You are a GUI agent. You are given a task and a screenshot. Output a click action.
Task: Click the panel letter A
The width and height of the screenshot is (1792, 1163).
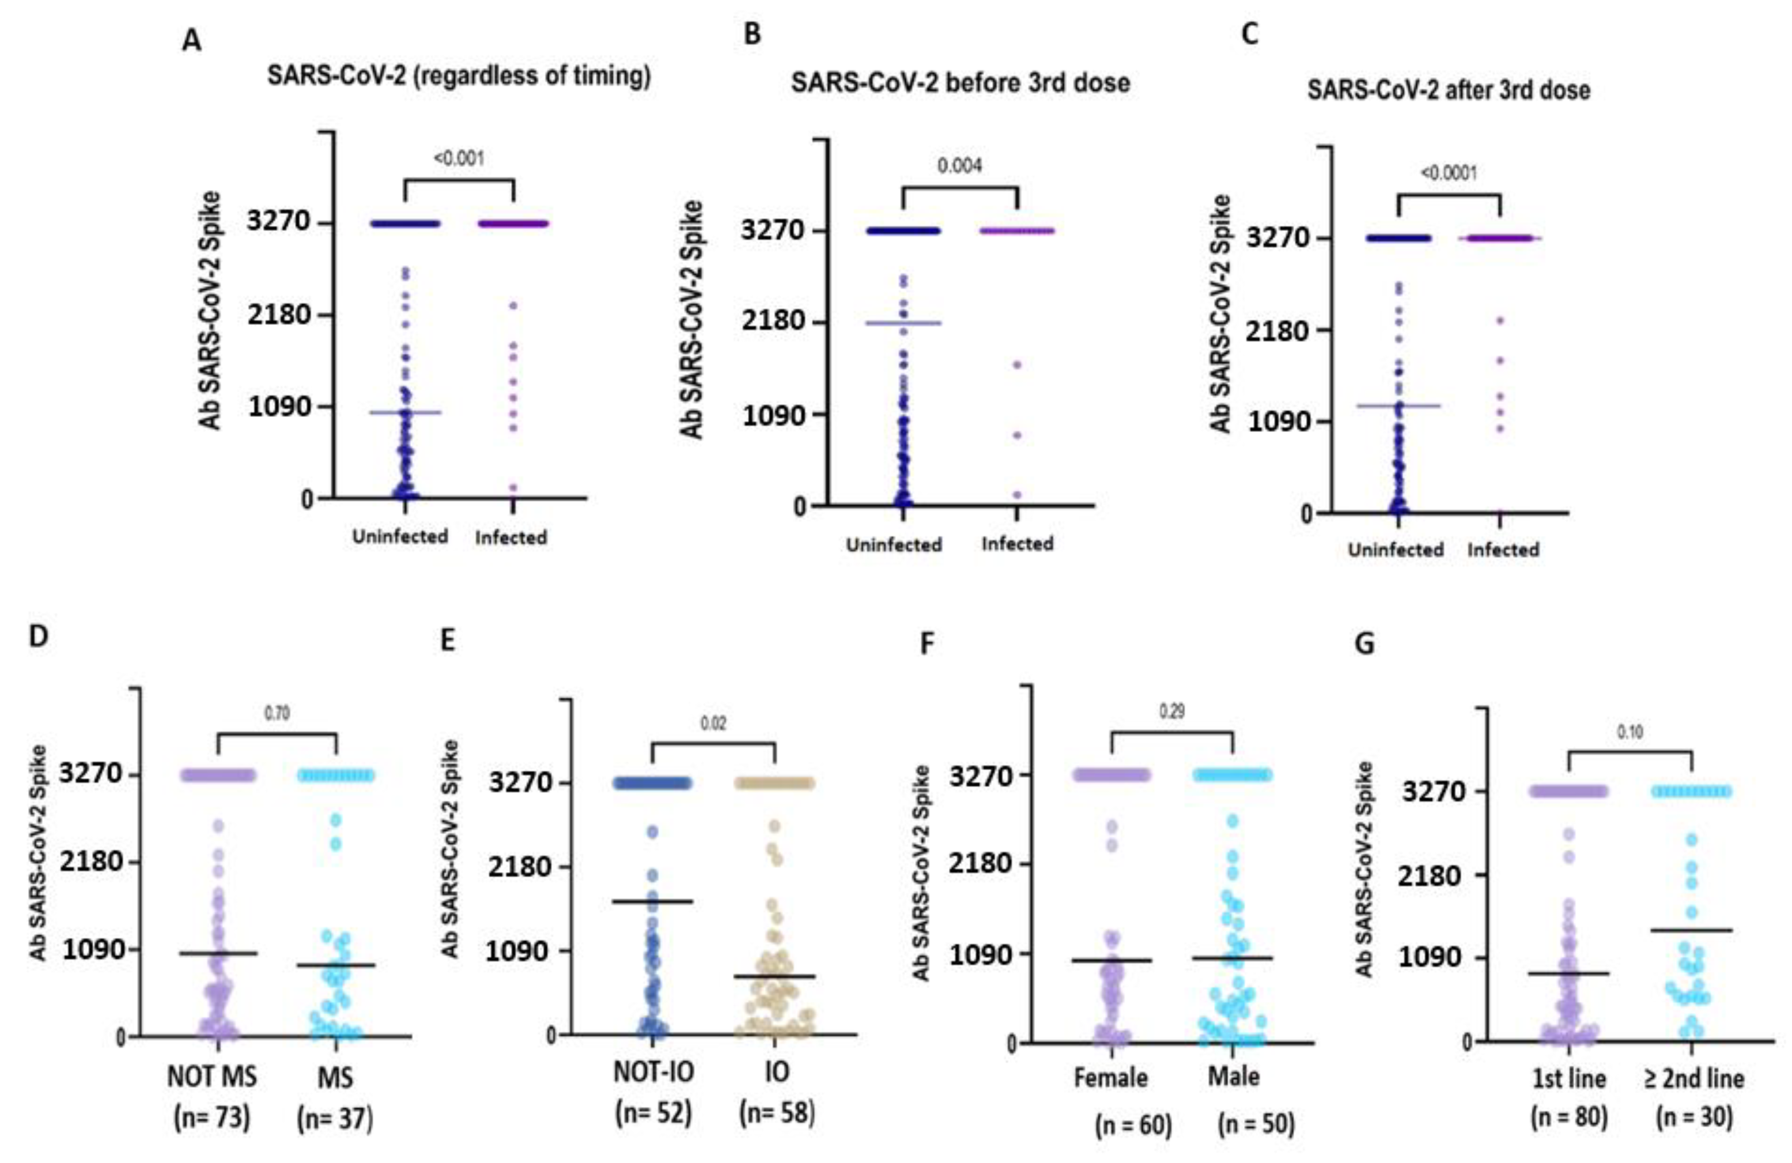click(x=191, y=40)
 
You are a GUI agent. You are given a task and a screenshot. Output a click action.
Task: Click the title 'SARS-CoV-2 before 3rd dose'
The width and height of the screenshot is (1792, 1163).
click(x=960, y=83)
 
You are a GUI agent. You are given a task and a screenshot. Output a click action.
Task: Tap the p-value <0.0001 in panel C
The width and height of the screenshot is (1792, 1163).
click(x=1448, y=173)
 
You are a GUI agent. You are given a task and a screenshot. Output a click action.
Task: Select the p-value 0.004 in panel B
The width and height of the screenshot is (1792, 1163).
click(x=959, y=165)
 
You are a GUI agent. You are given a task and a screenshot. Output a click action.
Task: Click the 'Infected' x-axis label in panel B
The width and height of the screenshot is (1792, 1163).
click(x=1017, y=544)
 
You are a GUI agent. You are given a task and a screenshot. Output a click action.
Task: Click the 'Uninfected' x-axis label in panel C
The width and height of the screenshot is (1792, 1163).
click(x=1395, y=550)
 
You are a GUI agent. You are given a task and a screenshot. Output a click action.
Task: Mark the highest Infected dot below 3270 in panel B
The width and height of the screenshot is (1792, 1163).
click(x=1016, y=365)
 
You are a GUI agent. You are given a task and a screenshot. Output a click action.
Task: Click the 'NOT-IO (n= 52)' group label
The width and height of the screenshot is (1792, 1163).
click(x=653, y=1092)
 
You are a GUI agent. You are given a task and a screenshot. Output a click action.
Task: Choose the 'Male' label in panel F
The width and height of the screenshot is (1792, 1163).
click(x=1233, y=1077)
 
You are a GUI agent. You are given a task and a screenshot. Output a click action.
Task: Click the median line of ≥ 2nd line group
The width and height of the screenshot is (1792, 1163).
click(x=1693, y=930)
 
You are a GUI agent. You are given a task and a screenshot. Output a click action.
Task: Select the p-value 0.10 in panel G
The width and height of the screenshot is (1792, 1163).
click(x=1630, y=732)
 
